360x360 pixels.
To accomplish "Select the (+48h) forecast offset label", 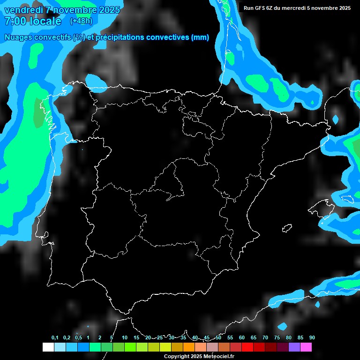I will [81, 21].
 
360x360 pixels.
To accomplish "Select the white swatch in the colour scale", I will [48, 347].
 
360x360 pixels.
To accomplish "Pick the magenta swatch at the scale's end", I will [306, 347].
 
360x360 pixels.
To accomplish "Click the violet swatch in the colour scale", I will [294, 347].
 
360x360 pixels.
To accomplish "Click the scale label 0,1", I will [55, 338].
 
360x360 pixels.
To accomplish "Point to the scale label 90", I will [312, 338].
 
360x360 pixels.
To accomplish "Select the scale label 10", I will [125, 338].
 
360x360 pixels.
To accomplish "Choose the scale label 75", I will [277, 338].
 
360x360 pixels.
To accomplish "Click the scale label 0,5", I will [78, 338].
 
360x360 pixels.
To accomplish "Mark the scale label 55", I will [230, 338].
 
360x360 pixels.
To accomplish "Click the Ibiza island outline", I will [287, 228].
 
